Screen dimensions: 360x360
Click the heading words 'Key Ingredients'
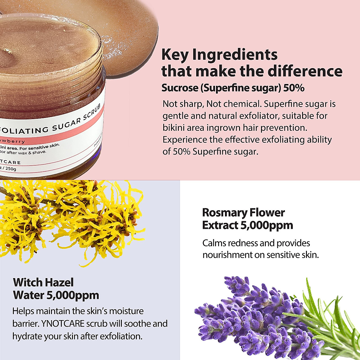(x=219, y=55)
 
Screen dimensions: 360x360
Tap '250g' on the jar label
(x=11, y=169)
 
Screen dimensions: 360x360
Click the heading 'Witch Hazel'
(x=43, y=282)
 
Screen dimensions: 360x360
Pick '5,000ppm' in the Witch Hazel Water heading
(x=73, y=295)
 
